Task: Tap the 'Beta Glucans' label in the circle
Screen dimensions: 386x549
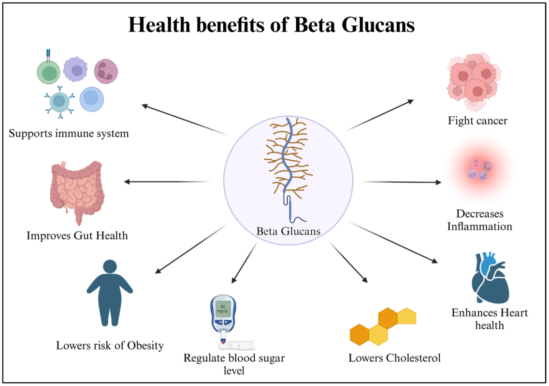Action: pos(288,231)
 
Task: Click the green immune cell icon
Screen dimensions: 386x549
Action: pos(49,72)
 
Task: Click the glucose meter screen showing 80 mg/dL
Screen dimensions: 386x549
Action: pos(223,309)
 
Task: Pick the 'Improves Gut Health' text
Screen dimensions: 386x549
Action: pos(77,236)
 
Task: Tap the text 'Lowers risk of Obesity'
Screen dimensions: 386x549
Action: pos(110,345)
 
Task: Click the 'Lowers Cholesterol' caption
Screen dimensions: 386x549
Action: pos(394,358)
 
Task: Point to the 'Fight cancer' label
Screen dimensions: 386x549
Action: pos(477,120)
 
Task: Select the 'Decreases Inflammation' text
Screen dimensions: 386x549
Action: pos(479,220)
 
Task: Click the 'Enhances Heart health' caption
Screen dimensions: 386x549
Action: pos(490,319)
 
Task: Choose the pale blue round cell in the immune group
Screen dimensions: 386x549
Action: pos(91,99)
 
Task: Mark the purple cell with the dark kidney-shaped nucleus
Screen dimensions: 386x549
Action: pos(106,71)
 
